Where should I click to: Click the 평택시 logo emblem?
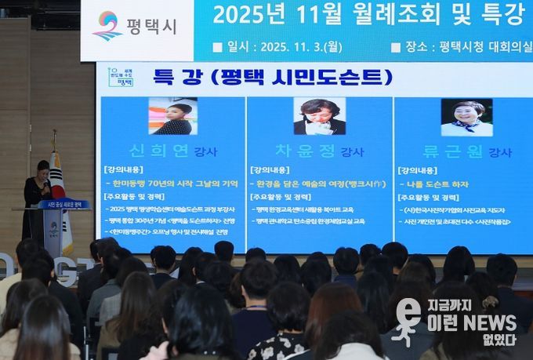(107, 25)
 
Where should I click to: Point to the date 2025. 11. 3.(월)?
(296, 47)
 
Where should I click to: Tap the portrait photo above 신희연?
(172, 116)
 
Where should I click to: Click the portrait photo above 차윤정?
(319, 116)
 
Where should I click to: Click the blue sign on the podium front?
(63, 205)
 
